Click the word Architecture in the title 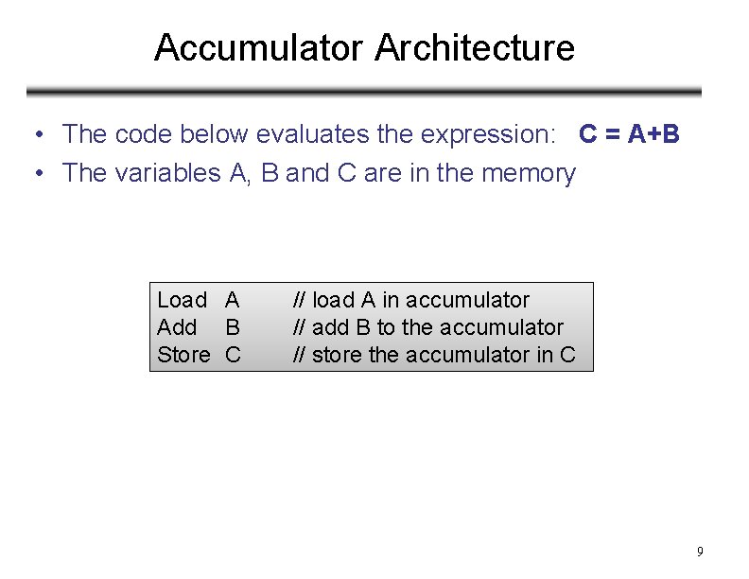tap(475, 47)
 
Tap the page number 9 tap(700, 552)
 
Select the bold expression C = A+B tap(629, 134)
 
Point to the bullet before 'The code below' tap(34, 135)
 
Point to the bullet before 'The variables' tap(34, 174)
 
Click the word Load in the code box tap(182, 300)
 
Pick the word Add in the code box tap(177, 327)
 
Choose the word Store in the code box tap(183, 355)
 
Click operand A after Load tap(232, 300)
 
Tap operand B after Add tap(232, 327)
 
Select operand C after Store tap(233, 355)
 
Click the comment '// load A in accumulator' tap(410, 300)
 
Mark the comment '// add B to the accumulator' tap(427, 327)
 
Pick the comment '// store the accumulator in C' tap(433, 355)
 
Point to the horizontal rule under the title tap(364, 92)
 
